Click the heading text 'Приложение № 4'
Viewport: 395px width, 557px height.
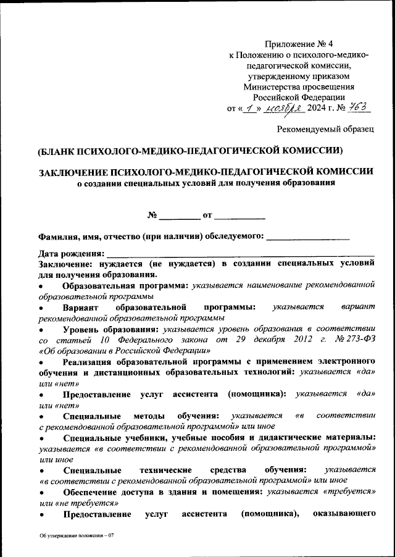click(298, 43)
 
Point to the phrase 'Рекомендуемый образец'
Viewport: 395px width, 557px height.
click(325, 128)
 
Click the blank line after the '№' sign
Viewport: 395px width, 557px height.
click(180, 216)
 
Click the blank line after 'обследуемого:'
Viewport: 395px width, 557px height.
click(308, 236)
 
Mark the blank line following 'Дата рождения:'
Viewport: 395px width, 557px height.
click(241, 253)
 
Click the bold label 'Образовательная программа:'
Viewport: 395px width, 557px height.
click(126, 285)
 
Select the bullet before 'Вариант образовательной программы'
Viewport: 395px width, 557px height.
click(41, 308)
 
